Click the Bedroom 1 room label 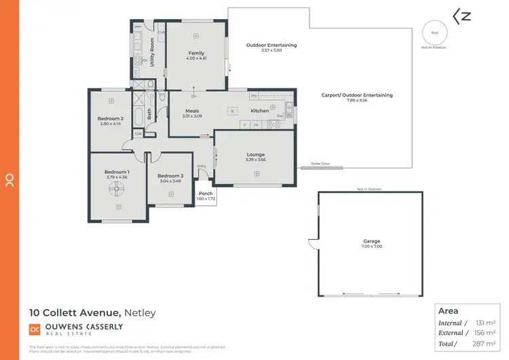coord(116,172)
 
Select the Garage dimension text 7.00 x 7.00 coord(371,247)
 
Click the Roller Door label coord(320,163)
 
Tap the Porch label coord(205,194)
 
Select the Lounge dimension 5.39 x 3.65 coord(256,160)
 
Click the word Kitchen coord(260,111)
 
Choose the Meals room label coord(192,111)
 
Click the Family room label coord(196,53)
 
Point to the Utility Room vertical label coord(152,52)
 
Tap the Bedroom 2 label coord(110,118)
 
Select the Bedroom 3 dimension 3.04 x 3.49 coord(171,181)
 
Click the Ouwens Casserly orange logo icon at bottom coord(35,329)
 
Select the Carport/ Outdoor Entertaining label coord(356,95)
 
